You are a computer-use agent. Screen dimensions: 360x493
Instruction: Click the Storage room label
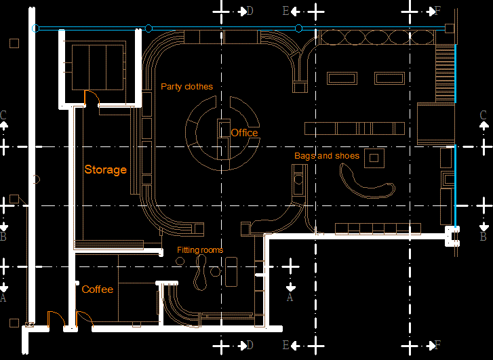click(x=105, y=169)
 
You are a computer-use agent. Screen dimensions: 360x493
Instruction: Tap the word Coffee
click(x=98, y=289)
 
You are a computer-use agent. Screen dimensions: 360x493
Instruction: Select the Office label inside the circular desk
click(x=244, y=133)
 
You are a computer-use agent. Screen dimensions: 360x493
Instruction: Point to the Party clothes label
click(x=186, y=87)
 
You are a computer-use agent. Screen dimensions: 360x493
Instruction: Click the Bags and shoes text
click(x=326, y=156)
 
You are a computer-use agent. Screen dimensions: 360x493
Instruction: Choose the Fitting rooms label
click(x=200, y=250)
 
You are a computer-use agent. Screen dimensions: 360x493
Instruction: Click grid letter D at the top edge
click(x=250, y=11)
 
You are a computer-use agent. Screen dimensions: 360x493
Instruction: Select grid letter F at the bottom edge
click(x=437, y=346)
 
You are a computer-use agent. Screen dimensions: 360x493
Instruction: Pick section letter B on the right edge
click(x=483, y=237)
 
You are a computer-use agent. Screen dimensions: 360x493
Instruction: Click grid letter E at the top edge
click(x=285, y=11)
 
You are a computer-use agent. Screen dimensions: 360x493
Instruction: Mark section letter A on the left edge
click(x=4, y=297)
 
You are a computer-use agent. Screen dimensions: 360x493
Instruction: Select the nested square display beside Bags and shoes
click(x=374, y=159)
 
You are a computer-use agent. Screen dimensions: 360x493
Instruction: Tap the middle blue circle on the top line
click(x=149, y=28)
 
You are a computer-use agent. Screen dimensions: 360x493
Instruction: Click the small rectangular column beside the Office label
click(x=222, y=129)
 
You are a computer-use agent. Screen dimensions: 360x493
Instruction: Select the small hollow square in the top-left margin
click(x=14, y=43)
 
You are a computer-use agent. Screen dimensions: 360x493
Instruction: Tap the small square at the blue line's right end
click(x=448, y=28)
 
